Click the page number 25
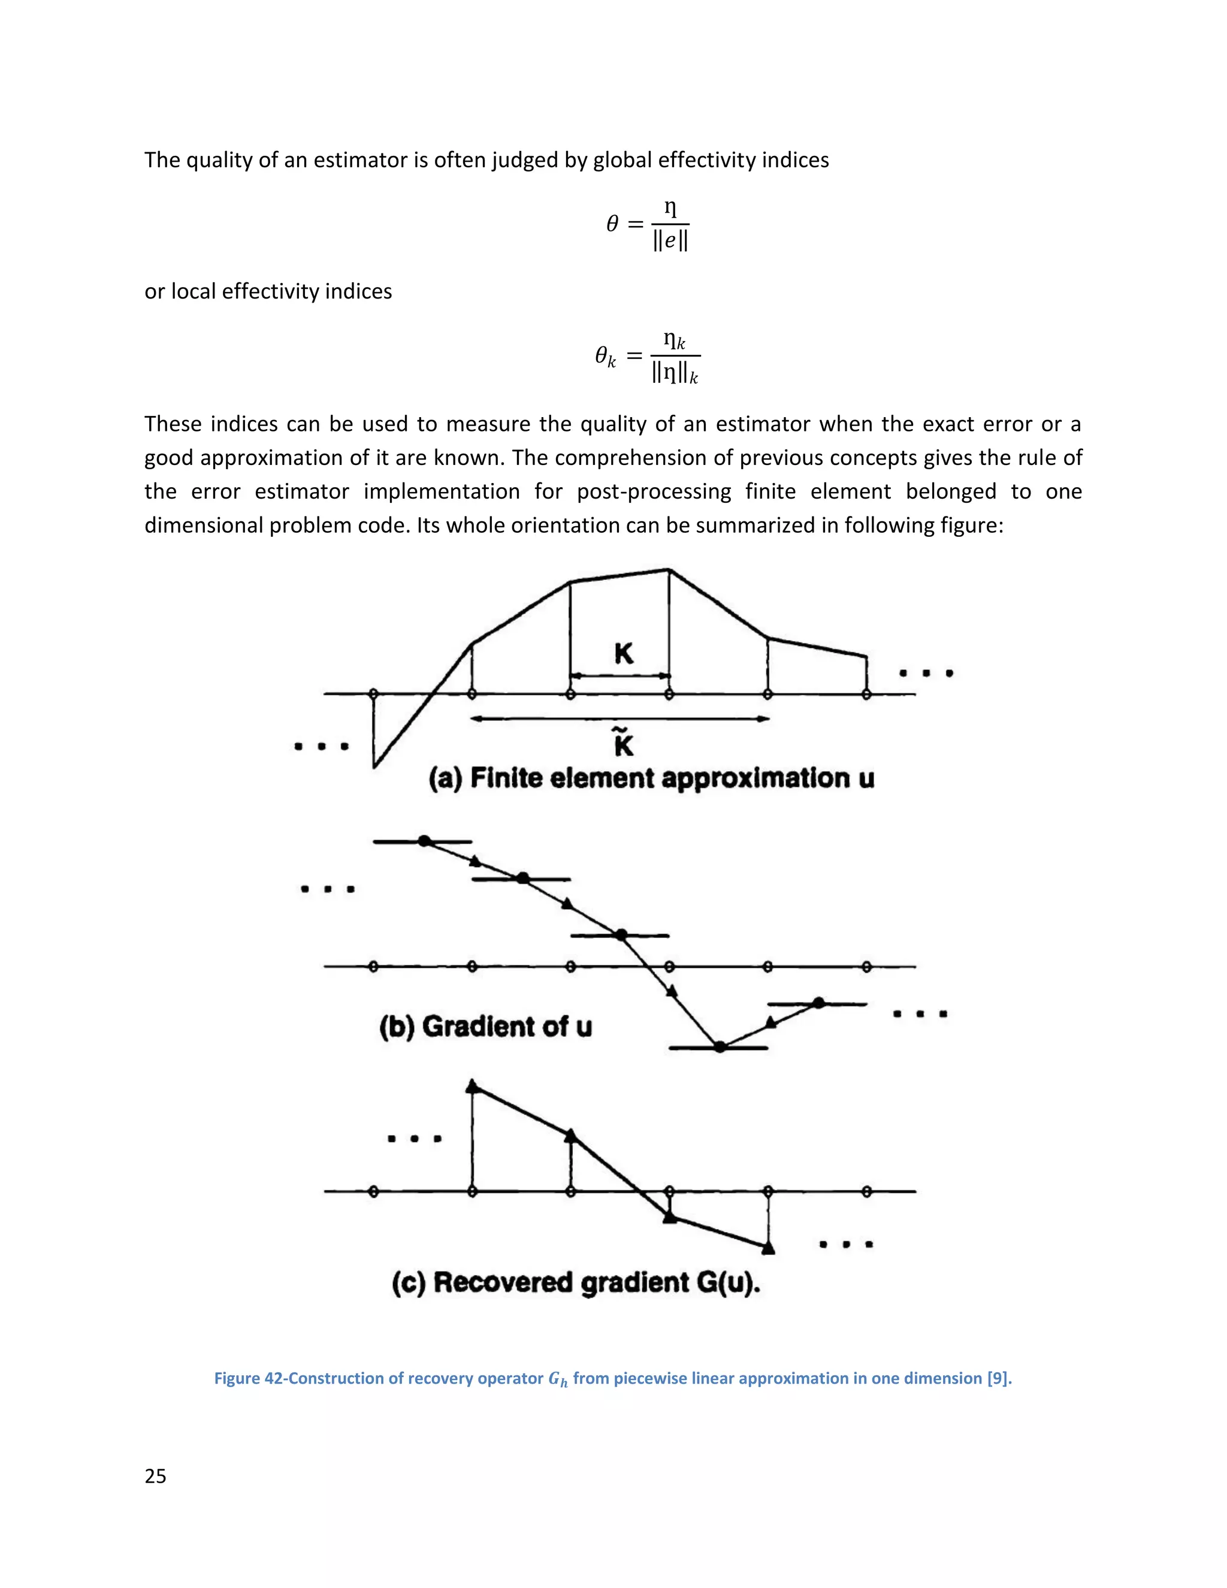(156, 1476)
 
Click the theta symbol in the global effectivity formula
(612, 224)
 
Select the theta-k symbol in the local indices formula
(605, 357)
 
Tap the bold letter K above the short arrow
(624, 654)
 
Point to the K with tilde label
(624, 743)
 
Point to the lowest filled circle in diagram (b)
(720, 1047)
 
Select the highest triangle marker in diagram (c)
(473, 1087)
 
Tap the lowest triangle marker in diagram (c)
(767, 1248)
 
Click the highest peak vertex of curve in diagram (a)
(669, 569)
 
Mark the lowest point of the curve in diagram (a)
(374, 766)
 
